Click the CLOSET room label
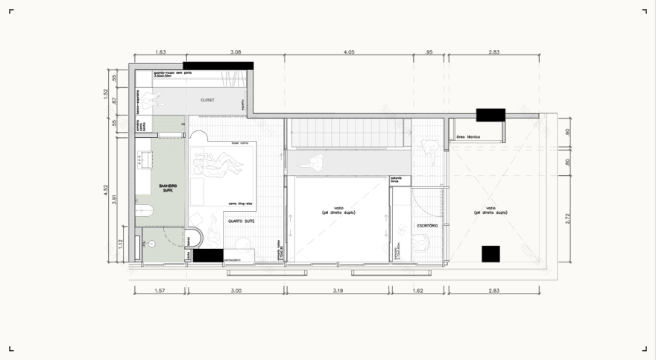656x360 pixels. [207, 100]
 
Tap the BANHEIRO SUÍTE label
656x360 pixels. [167, 187]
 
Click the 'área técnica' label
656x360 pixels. [467, 137]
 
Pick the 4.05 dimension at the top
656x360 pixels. [349, 52]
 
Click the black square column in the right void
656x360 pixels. [490, 253]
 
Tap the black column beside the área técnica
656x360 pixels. [491, 114]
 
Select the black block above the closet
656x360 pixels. [218, 66]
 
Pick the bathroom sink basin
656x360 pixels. [143, 159]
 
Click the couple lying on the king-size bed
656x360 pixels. [220, 164]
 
